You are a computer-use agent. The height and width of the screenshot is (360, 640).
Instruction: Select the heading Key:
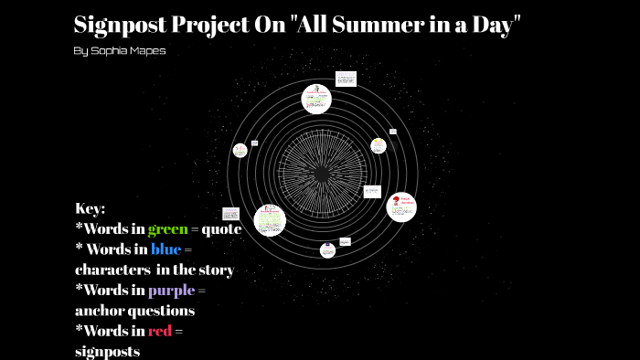click(91, 208)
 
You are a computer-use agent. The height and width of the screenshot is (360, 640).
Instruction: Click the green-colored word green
click(167, 229)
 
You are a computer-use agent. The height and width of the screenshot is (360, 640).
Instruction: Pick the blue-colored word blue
click(165, 249)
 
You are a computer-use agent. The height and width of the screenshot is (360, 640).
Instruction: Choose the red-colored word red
click(160, 330)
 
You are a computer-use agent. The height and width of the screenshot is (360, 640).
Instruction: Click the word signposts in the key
click(107, 350)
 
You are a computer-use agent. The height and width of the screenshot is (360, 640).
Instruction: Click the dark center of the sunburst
click(321, 173)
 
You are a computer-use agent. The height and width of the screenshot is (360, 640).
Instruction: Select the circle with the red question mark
click(400, 206)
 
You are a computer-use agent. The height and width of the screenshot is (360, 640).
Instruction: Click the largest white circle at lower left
click(269, 220)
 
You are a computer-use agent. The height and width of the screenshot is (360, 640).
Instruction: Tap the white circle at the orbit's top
click(317, 98)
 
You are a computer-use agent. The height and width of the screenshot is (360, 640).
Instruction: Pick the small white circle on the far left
click(240, 150)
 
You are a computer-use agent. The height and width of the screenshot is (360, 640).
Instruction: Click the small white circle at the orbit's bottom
click(327, 249)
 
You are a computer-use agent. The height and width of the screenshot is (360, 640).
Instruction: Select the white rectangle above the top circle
click(346, 79)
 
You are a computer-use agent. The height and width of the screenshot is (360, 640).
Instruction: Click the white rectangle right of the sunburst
click(372, 192)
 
